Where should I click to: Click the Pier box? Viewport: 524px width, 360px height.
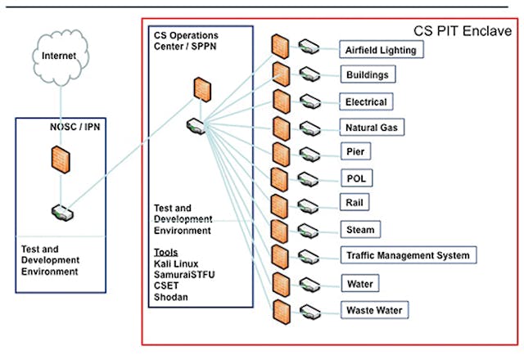click(355, 152)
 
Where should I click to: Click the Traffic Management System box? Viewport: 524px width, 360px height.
click(408, 256)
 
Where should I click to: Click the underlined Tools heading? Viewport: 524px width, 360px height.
click(166, 252)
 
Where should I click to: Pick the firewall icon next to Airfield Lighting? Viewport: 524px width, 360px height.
click(281, 46)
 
